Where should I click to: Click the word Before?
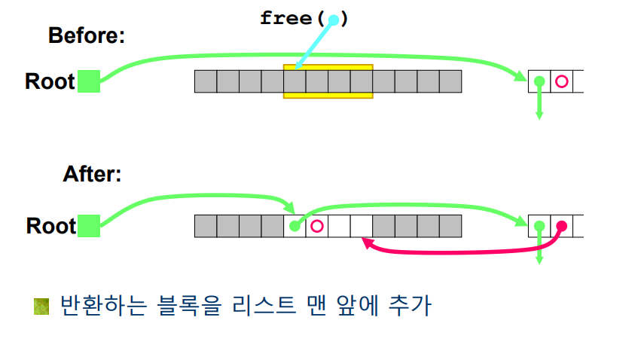tap(86, 35)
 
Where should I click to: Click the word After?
tap(92, 175)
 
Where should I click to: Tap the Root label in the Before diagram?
tap(50, 81)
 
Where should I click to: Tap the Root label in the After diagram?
tap(50, 226)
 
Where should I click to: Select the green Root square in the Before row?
tap(89, 81)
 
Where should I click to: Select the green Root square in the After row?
tap(89, 226)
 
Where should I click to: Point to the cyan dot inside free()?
tap(334, 20)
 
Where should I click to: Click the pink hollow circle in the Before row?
tap(561, 81)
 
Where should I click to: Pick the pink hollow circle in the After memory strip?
tap(317, 225)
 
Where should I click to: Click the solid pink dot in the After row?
tap(561, 225)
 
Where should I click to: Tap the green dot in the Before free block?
tap(539, 81)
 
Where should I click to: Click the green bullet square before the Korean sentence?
tap(42, 307)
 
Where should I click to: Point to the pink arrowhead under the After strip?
tap(365, 243)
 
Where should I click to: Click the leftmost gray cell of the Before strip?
tap(206, 81)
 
